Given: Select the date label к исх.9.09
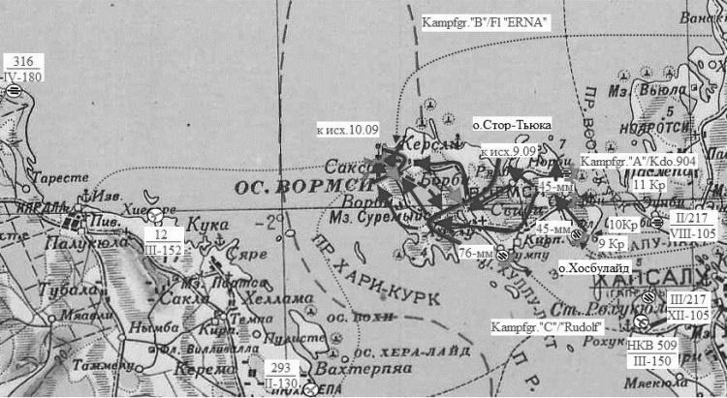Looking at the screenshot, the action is pyautogui.click(x=509, y=151).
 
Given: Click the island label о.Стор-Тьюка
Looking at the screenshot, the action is pyautogui.click(x=512, y=125).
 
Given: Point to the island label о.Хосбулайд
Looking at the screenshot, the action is pyautogui.click(x=594, y=266).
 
